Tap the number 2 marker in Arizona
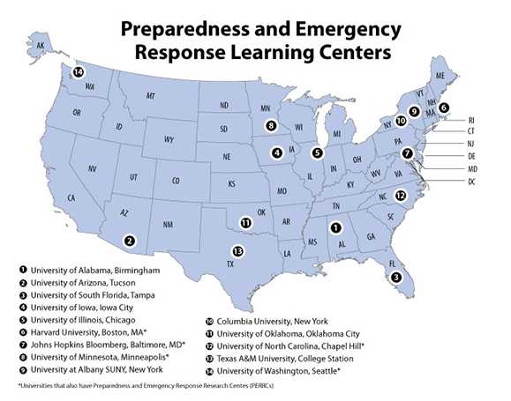tap(130, 240)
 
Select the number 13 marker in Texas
tap(237, 250)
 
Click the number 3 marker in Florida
tap(397, 277)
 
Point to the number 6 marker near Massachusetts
tap(443, 108)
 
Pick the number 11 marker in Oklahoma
tap(245, 223)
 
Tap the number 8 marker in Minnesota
tap(271, 125)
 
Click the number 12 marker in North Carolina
tap(401, 196)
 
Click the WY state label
tap(169, 140)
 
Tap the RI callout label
tap(471, 118)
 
